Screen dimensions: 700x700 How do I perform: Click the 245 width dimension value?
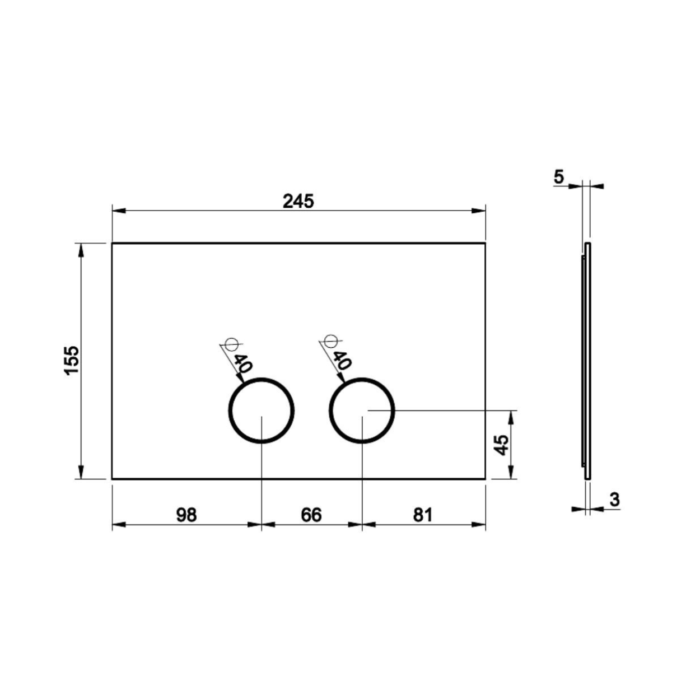pos(298,202)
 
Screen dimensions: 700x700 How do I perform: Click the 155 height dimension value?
pos(72,360)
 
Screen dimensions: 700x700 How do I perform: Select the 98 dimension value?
pos(186,515)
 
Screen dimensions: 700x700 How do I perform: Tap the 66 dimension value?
pos(311,515)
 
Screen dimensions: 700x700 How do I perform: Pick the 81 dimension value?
pos(423,515)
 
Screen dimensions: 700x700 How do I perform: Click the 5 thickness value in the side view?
pos(559,177)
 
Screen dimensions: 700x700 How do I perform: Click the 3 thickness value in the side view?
pos(614,500)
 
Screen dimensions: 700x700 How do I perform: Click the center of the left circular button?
pos(262,410)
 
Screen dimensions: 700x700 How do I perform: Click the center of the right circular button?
pos(362,410)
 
